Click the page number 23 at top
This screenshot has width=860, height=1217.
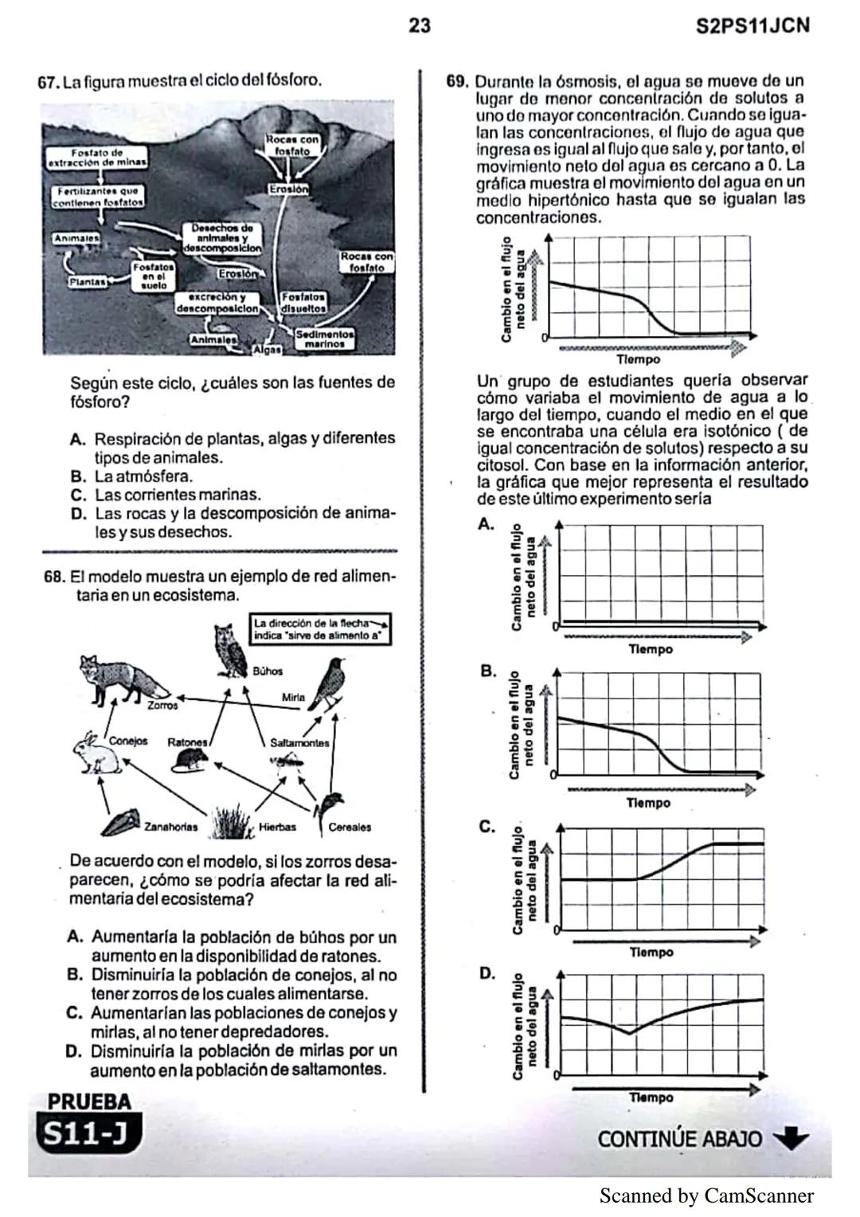pyautogui.click(x=420, y=26)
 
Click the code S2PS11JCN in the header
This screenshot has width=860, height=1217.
pyautogui.click(x=752, y=26)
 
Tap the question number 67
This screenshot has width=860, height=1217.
pyautogui.click(x=49, y=81)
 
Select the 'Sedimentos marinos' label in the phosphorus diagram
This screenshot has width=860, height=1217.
pyautogui.click(x=324, y=339)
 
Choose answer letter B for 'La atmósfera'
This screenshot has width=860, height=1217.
pyautogui.click(x=77, y=477)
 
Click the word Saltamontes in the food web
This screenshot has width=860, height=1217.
pyautogui.click(x=299, y=742)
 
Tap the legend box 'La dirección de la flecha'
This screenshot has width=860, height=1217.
pyautogui.click(x=321, y=629)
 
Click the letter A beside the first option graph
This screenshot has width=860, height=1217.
pyautogui.click(x=486, y=524)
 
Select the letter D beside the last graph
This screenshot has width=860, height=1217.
pyautogui.click(x=487, y=973)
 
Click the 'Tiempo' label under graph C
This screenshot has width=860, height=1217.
pyautogui.click(x=651, y=952)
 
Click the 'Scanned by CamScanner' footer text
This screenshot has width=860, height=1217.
pyautogui.click(x=706, y=1195)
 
